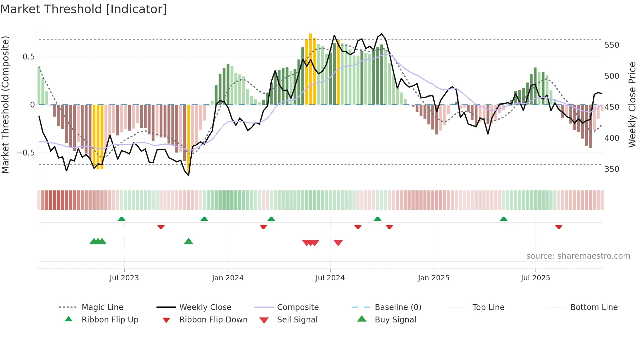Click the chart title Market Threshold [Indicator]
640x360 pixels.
coord(84,9)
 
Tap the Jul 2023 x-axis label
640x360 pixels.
coord(124,278)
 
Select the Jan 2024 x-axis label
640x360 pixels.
coord(228,278)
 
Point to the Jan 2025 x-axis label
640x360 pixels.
coord(434,278)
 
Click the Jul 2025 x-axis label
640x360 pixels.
coord(536,278)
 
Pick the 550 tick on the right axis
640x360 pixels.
coord(612,45)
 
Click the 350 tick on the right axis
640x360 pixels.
coord(612,169)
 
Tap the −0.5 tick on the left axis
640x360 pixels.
coord(25,153)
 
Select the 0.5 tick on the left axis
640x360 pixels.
coord(28,57)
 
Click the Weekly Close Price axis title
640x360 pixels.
coord(632,105)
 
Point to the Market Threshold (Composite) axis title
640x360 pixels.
coord(5,105)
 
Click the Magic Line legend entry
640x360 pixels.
coord(102,307)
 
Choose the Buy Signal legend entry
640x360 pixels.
coord(395,320)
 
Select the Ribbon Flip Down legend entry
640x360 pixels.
coord(213,320)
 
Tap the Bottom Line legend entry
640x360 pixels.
coord(594,307)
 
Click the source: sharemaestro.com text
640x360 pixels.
coord(578,256)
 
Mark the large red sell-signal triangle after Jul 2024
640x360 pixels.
coord(338,243)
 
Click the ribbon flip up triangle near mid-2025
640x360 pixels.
coord(504,219)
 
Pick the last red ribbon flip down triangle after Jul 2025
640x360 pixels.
coord(559,227)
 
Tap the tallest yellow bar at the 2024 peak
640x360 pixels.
coord(311,69)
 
